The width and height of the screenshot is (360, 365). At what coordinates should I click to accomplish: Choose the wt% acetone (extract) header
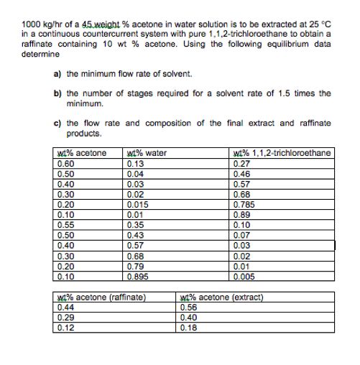click(x=223, y=297)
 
